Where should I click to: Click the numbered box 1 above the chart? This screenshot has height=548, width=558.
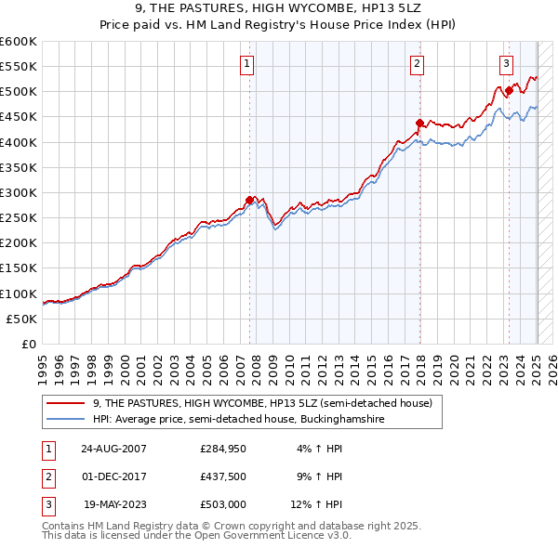pyautogui.click(x=247, y=64)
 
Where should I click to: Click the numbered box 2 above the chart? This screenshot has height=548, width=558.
pyautogui.click(x=417, y=64)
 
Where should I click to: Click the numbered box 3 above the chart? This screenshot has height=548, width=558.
pyautogui.click(x=506, y=64)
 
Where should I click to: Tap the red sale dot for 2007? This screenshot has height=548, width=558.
pyautogui.click(x=249, y=200)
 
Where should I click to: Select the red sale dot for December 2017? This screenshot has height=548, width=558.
pyautogui.click(x=419, y=123)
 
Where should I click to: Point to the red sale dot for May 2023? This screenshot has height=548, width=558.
pyautogui.click(x=509, y=90)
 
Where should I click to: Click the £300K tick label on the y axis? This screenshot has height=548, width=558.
pyautogui.click(x=19, y=192)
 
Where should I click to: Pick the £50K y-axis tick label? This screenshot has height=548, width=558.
pyautogui.click(x=22, y=319)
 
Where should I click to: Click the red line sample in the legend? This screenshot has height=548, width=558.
pyautogui.click(x=66, y=404)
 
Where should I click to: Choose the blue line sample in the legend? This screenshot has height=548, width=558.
pyautogui.click(x=66, y=420)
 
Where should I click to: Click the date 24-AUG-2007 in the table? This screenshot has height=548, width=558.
pyautogui.click(x=114, y=448)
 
